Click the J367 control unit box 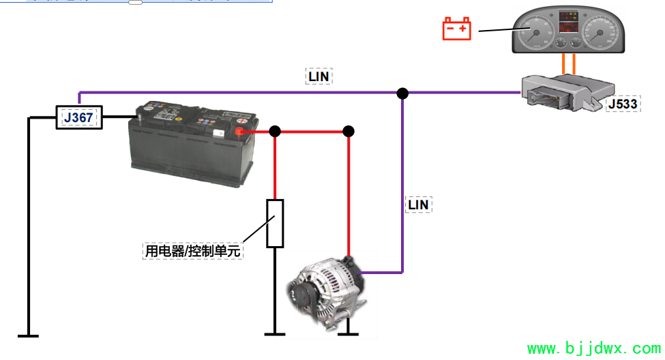tap(79, 117)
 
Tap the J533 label tap(622, 104)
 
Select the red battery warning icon tap(457, 29)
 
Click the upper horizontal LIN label tap(319, 76)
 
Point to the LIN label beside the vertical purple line tap(419, 204)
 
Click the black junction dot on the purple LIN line tap(402, 93)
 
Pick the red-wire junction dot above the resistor tap(275, 131)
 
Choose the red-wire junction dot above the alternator tap(349, 131)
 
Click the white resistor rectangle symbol tap(275, 224)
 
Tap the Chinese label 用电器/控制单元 tap(193, 251)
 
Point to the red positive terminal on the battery tap(239, 131)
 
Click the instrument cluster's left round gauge tap(535, 30)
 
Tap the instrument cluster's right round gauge tap(601, 31)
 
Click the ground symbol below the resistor tap(275, 334)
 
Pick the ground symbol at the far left tap(28, 335)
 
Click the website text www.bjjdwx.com tap(593, 349)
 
